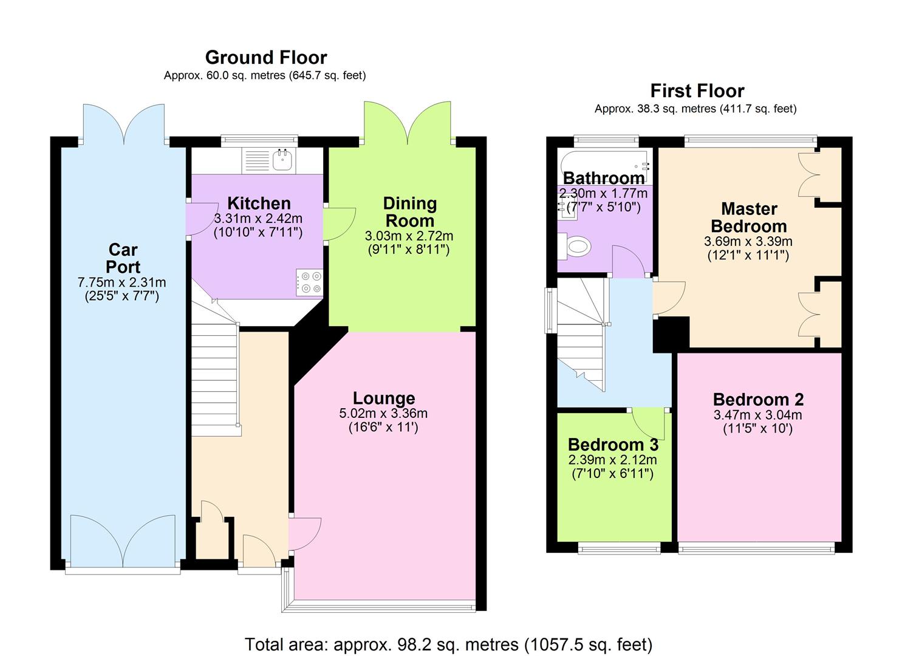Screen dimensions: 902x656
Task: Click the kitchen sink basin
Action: point(283,161)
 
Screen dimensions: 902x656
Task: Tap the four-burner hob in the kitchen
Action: point(310,282)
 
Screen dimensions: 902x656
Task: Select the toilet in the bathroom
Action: point(575,246)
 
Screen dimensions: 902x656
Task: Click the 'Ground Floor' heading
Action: point(266,58)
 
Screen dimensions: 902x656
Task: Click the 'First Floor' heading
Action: point(697,91)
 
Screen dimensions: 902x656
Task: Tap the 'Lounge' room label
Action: point(384,398)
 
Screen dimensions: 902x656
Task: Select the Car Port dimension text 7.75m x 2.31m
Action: point(121,282)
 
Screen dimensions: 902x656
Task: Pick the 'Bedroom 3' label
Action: point(613,445)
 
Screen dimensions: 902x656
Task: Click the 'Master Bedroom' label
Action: point(749,217)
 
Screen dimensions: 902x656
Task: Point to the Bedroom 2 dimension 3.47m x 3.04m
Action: point(758,415)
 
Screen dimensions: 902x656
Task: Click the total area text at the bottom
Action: point(449,644)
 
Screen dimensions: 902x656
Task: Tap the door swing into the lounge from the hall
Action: point(306,534)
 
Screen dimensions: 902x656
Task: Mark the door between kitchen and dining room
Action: point(340,224)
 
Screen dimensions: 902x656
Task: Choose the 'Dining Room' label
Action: point(410,212)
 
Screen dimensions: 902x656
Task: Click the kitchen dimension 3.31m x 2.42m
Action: point(258,219)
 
